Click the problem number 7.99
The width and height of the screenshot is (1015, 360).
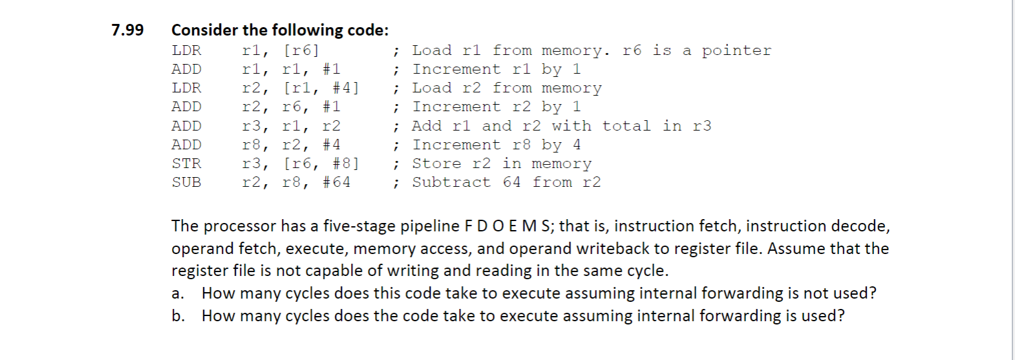point(127,30)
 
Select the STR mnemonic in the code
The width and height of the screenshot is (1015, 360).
point(186,164)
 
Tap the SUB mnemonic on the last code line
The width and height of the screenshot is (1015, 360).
point(186,182)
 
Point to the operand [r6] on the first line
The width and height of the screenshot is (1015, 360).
point(301,50)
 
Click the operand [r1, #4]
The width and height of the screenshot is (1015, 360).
point(321,88)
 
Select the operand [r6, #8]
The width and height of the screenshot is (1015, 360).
point(321,164)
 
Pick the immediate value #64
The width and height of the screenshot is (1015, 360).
point(336,182)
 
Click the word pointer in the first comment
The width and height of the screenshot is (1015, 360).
point(736,50)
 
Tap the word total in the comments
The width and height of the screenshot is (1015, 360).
point(626,126)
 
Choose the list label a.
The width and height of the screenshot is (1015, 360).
point(176,293)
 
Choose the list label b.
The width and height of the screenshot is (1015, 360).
point(177,316)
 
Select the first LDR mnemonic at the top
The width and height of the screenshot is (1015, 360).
point(186,50)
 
